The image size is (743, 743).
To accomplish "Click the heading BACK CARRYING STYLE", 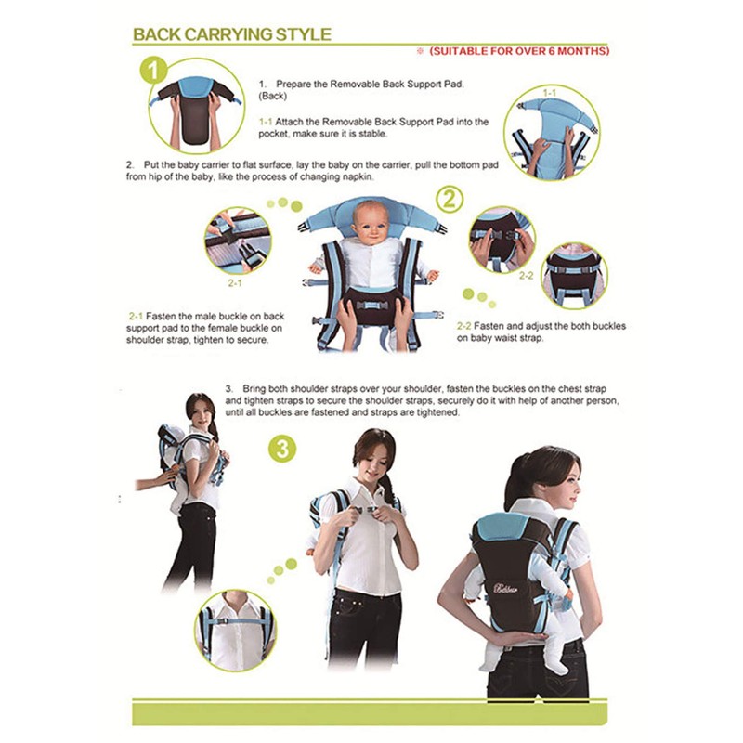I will [231, 34].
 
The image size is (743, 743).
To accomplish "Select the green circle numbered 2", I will [450, 199].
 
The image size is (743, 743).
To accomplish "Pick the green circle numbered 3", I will [284, 449].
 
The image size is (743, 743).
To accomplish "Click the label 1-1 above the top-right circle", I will [549, 93].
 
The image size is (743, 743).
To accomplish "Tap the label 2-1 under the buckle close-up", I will [235, 282].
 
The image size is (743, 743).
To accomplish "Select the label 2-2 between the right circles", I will [526, 276].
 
